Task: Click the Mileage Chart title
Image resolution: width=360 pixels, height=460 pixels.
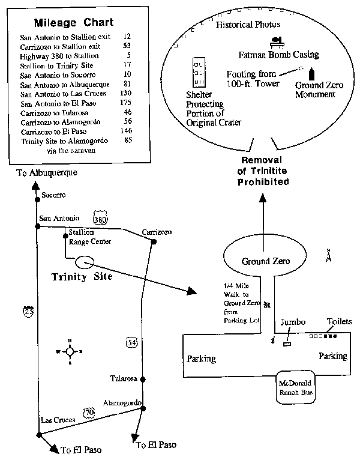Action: [73, 23]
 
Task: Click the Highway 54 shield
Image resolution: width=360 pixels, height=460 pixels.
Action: [131, 342]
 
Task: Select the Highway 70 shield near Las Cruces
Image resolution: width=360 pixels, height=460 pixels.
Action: [88, 413]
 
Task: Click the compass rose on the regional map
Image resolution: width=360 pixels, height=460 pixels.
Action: [70, 351]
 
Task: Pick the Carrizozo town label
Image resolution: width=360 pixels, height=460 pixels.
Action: [157, 231]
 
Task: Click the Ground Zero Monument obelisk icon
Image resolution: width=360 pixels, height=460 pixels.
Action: [311, 74]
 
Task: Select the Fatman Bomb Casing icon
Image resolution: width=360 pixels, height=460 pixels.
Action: [277, 41]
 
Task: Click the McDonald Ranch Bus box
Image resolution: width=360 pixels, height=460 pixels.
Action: [293, 389]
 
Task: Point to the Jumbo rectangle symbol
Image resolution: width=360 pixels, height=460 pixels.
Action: [286, 343]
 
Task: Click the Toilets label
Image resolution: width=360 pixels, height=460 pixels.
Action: [339, 322]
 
